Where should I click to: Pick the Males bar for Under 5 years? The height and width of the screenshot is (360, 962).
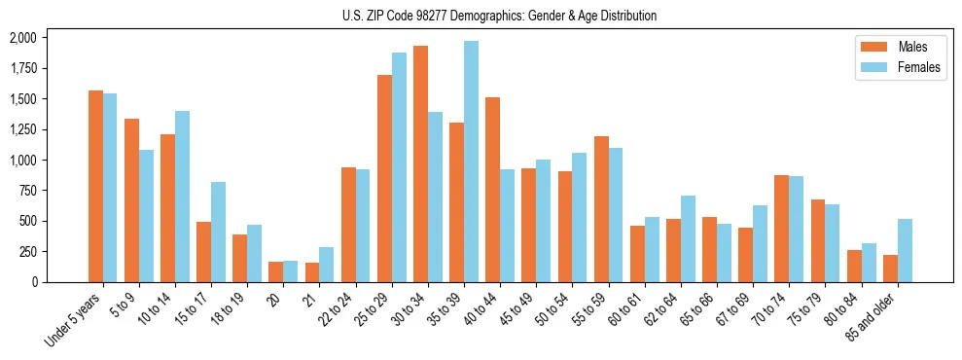click(x=95, y=186)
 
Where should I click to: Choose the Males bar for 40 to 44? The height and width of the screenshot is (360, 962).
click(x=492, y=190)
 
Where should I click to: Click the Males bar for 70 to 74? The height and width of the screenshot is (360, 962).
click(x=781, y=229)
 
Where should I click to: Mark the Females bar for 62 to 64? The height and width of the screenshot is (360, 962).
click(x=688, y=238)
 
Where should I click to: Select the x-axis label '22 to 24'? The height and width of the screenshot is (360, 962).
click(x=337, y=311)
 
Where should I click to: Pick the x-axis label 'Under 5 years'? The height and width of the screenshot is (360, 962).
click(x=74, y=322)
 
